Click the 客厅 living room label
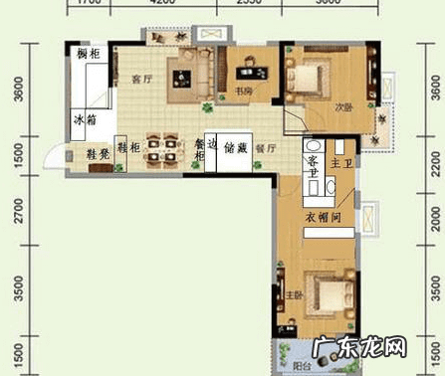click(140, 79)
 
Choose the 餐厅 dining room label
click(265, 148)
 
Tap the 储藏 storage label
click(235, 146)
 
